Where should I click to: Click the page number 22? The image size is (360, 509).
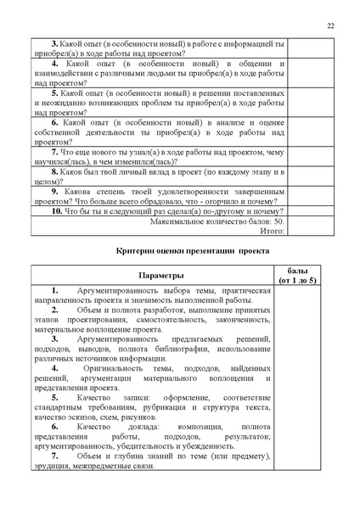[329, 25]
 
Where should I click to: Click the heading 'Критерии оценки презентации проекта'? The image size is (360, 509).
[192, 252]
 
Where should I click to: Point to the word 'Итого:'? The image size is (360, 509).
[273, 229]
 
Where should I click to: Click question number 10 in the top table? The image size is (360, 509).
[56, 211]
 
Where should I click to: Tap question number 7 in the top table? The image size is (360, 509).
[54, 151]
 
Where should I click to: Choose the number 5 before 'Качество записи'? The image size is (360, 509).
[54, 397]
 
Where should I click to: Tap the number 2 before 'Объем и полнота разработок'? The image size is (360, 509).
[54, 310]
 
